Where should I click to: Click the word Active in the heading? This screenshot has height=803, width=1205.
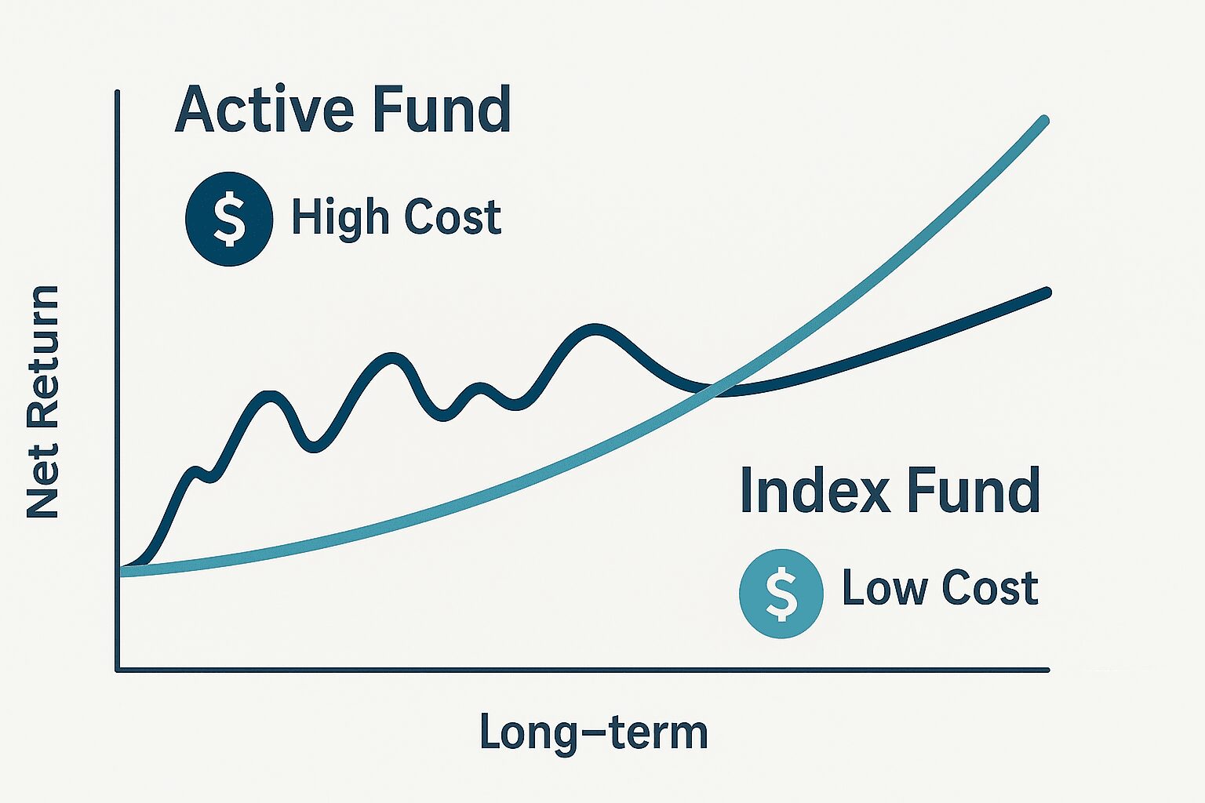(x=264, y=109)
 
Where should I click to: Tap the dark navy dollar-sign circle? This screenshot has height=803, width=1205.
(x=229, y=219)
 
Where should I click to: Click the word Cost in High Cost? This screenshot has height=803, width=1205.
(x=453, y=216)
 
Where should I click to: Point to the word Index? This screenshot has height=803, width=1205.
(x=816, y=490)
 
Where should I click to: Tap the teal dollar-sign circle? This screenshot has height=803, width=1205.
(x=781, y=594)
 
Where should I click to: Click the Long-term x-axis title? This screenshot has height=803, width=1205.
(x=594, y=732)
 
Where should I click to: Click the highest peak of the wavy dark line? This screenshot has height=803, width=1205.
(x=594, y=328)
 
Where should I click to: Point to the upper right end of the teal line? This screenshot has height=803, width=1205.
(x=1045, y=119)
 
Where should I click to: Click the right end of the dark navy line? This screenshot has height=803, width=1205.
(x=1047, y=292)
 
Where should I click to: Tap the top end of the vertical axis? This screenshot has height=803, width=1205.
(x=117, y=93)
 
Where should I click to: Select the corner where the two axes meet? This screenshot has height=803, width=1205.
(x=117, y=670)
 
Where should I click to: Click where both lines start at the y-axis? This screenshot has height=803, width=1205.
(x=121, y=571)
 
